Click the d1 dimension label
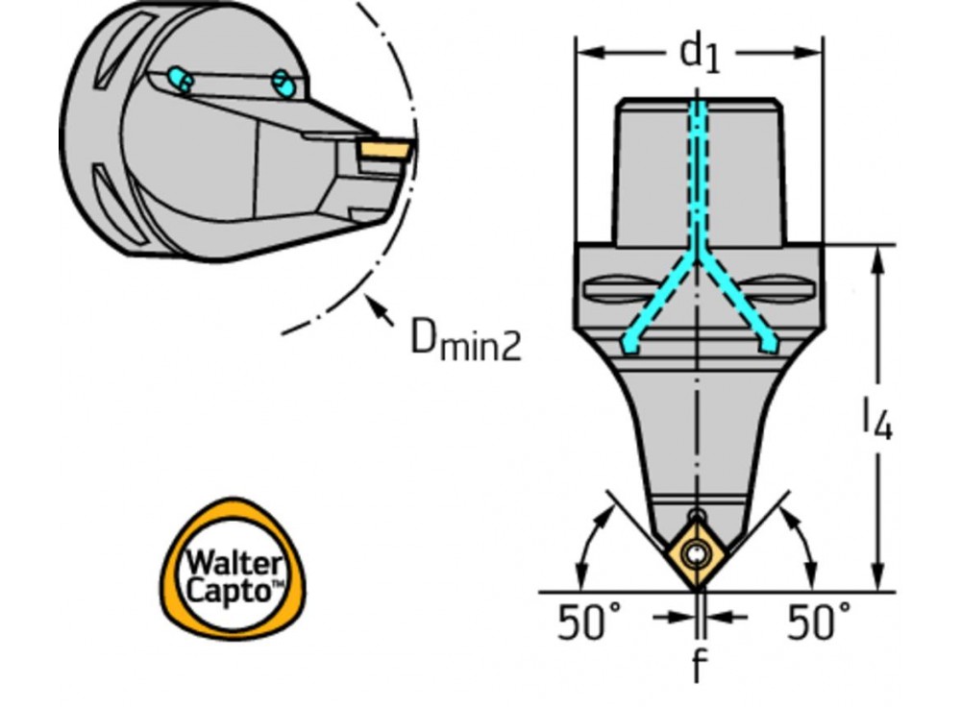(x=700, y=53)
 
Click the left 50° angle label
(x=589, y=622)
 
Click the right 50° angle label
(x=818, y=622)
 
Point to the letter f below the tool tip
(x=699, y=664)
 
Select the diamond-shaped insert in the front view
(x=698, y=554)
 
